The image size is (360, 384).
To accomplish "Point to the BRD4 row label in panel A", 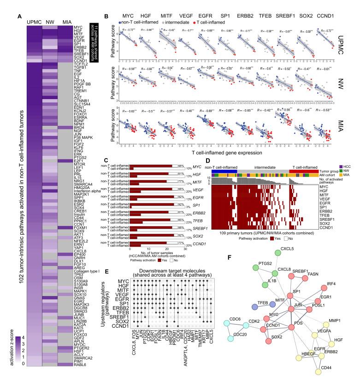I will (79, 128).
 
